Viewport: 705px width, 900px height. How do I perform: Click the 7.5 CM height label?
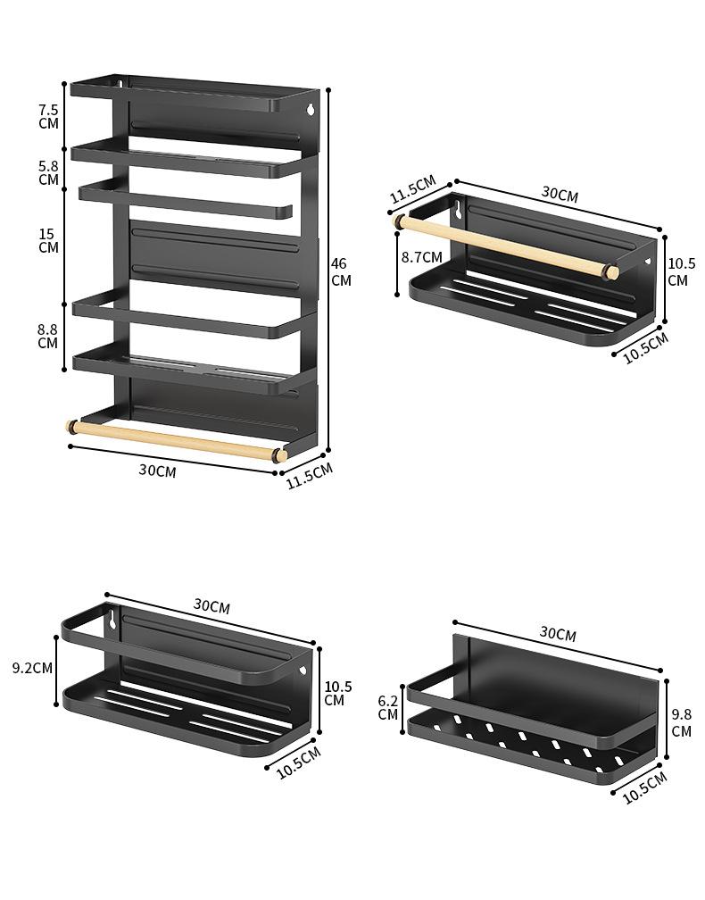(x=49, y=116)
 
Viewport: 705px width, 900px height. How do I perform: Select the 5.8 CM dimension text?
(x=49, y=172)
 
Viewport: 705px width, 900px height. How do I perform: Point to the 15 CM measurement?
(x=48, y=240)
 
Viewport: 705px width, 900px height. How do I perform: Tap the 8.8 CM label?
(x=48, y=336)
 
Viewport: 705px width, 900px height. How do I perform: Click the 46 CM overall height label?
(x=341, y=271)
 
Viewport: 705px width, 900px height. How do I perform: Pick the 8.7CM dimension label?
(x=421, y=257)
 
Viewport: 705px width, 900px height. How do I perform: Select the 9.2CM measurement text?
(x=32, y=667)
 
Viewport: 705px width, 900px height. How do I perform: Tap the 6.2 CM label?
(x=387, y=706)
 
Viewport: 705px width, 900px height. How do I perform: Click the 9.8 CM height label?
(x=681, y=722)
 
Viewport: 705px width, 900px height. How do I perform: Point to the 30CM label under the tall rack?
(x=157, y=471)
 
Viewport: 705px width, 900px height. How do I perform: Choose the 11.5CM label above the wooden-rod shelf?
(x=411, y=189)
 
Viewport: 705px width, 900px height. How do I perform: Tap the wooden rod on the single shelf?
(x=504, y=246)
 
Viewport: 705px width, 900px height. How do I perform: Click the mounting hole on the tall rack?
(x=311, y=110)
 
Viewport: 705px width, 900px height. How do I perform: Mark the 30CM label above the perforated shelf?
(x=558, y=634)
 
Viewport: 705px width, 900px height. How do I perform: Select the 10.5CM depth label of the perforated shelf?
(x=645, y=787)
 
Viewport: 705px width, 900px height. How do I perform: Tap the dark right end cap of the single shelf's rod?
(x=612, y=271)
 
